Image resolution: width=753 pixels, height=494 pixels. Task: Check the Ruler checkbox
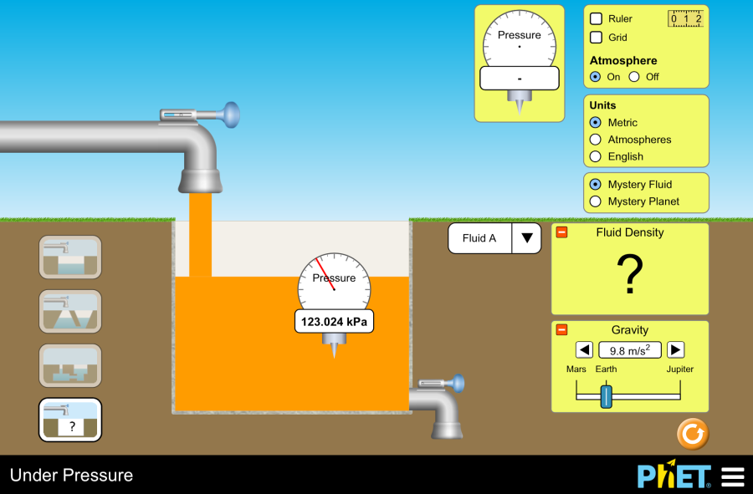tap(597, 18)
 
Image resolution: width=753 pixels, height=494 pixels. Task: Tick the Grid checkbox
tap(597, 38)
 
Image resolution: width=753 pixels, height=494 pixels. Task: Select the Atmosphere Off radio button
tap(634, 77)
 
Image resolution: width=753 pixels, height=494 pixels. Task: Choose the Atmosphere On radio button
tap(596, 77)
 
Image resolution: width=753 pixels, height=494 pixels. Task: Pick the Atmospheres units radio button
tap(596, 140)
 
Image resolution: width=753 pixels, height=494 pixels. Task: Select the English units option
tap(596, 156)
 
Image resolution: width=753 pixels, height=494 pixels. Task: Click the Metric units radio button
tap(596, 123)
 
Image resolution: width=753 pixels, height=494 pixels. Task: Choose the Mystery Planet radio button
tap(596, 201)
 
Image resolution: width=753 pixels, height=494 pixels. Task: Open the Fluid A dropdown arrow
tap(527, 238)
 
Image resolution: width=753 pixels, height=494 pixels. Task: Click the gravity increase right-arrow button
tap(675, 350)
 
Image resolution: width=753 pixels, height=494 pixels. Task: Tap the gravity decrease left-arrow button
tap(585, 350)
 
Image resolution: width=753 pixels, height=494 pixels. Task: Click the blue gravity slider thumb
tap(607, 396)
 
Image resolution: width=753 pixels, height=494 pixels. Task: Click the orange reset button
tap(693, 435)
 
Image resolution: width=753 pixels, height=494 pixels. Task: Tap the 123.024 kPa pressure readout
tap(334, 321)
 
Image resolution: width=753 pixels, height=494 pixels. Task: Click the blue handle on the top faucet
tap(228, 115)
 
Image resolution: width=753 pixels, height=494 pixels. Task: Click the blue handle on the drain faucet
tap(457, 384)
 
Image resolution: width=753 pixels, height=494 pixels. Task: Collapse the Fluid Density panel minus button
tap(562, 232)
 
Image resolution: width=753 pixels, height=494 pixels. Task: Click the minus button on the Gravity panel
tap(562, 329)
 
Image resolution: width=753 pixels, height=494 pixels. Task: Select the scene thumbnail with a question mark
tap(71, 420)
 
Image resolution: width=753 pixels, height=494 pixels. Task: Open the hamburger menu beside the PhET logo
tap(733, 476)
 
